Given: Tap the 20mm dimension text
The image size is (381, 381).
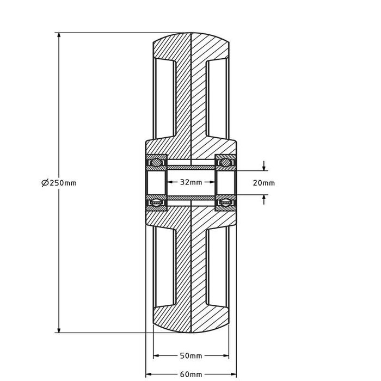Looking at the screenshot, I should point(264,183).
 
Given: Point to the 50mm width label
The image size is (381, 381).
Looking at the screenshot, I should point(190,356).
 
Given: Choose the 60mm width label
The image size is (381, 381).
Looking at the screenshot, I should point(190,374).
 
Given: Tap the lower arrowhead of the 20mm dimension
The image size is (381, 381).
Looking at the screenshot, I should point(264,198).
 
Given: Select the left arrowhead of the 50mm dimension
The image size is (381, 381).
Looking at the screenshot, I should point(156,356).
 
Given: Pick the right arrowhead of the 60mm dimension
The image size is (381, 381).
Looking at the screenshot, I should point(235,374).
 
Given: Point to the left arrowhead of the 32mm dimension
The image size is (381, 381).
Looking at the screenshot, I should point(169,182).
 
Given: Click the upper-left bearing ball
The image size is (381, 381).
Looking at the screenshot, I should point(156,162).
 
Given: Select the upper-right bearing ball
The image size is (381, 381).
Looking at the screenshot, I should point(225,162).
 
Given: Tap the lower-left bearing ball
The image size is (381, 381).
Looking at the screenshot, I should point(156,204).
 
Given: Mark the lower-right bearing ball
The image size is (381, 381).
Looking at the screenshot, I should point(225,204).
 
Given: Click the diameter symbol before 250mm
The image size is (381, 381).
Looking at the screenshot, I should point(45,183).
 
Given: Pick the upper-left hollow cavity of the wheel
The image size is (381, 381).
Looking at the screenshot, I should point(165,98).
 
